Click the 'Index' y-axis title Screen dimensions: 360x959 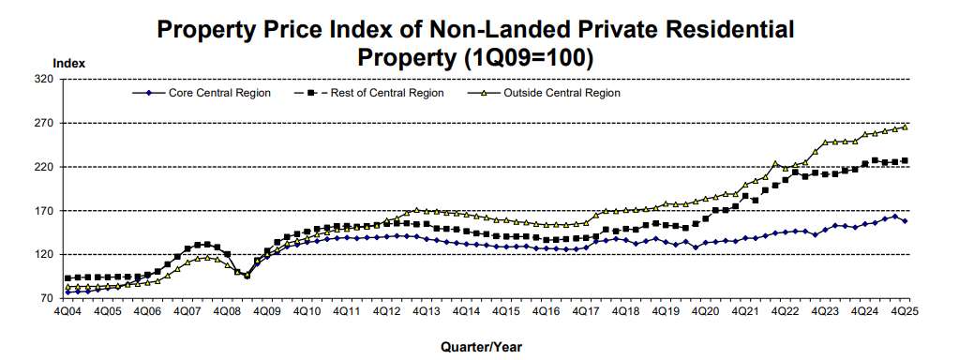coord(69,64)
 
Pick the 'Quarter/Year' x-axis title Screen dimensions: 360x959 coord(480,346)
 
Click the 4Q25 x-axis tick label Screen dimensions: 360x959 coord(904,310)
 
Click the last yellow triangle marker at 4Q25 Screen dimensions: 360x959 coord(905,127)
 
